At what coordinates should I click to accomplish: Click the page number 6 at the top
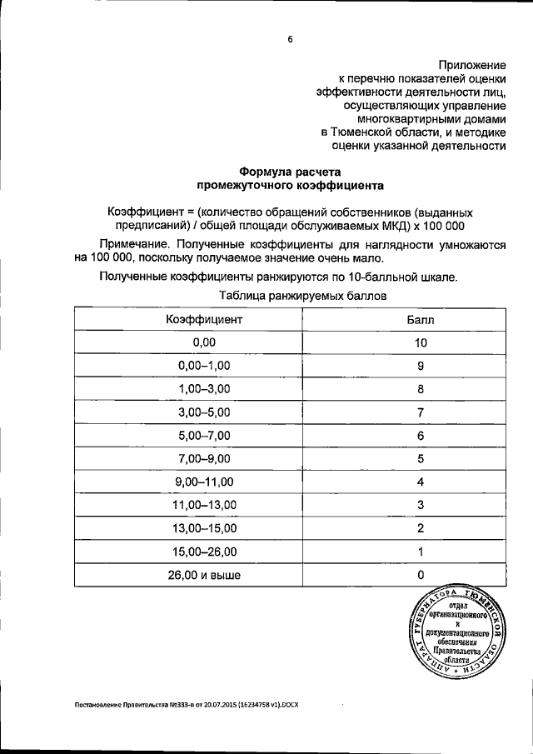coord(291,38)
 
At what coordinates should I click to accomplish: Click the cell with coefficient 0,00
coord(204,342)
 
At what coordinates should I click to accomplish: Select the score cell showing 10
coord(421,342)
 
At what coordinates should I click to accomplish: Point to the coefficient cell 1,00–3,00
coord(204,389)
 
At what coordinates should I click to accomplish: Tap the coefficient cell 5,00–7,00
coord(204,436)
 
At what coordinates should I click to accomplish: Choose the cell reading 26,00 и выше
coord(204,574)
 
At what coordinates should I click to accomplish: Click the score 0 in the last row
coord(421,574)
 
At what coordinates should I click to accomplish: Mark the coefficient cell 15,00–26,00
coord(204,552)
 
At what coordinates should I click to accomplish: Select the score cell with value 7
coord(421,412)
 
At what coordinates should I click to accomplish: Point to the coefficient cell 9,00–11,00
coord(204,482)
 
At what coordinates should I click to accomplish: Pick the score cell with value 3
coord(421,505)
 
